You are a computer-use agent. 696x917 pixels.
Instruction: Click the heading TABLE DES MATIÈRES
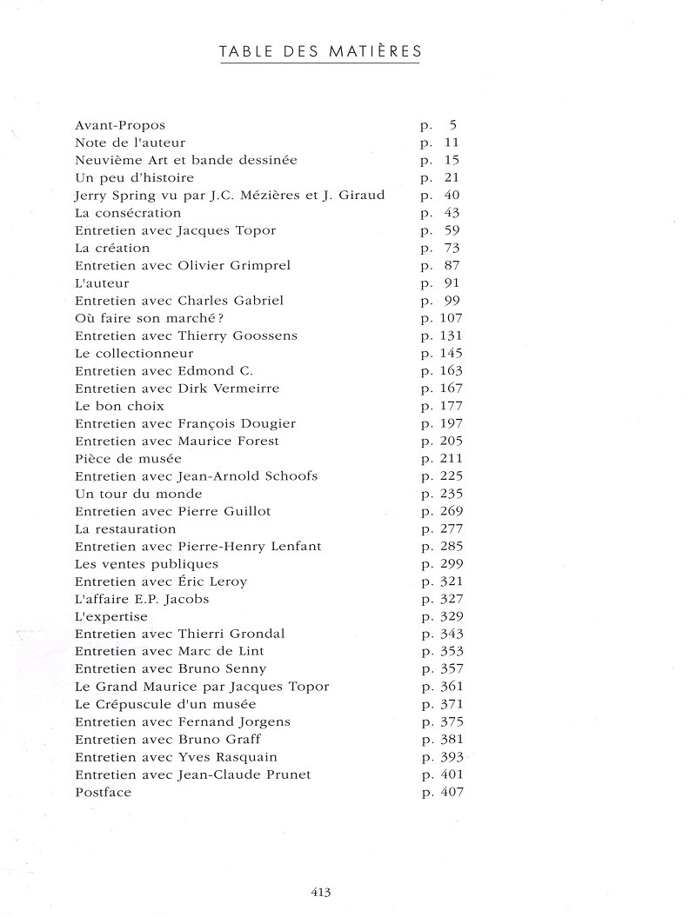point(320,52)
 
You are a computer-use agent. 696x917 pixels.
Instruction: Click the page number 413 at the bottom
point(320,891)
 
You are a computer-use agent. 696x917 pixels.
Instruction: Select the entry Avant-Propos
point(120,125)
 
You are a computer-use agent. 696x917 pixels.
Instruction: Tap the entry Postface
point(103,792)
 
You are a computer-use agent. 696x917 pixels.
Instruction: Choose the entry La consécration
point(128,213)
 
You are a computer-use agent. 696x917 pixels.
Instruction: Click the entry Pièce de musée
point(128,458)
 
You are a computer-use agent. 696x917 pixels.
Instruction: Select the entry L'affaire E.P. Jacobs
point(142,599)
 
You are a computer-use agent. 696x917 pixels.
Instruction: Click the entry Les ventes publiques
point(134,564)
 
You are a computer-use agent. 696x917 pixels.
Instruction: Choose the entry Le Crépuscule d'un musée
point(165,704)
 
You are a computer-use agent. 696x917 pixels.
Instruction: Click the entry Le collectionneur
point(134,353)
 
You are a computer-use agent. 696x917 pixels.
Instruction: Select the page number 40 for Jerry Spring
point(452,196)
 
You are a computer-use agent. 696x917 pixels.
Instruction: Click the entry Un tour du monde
point(126,494)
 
